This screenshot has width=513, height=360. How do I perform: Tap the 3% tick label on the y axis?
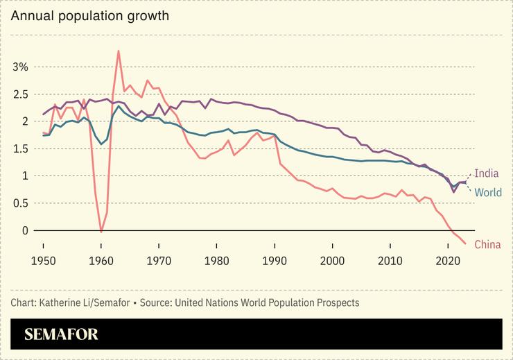20,67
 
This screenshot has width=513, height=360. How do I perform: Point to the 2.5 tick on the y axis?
20,94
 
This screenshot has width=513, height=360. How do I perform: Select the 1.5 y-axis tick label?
20,148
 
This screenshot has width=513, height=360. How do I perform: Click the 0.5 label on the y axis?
20,203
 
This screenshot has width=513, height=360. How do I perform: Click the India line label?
487,173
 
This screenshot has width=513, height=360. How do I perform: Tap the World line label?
488,191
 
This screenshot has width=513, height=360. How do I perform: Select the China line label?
487,244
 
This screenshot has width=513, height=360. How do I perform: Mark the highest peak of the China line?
119,51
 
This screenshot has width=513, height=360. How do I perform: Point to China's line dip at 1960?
101,231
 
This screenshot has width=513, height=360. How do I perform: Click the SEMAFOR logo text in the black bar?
61,334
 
